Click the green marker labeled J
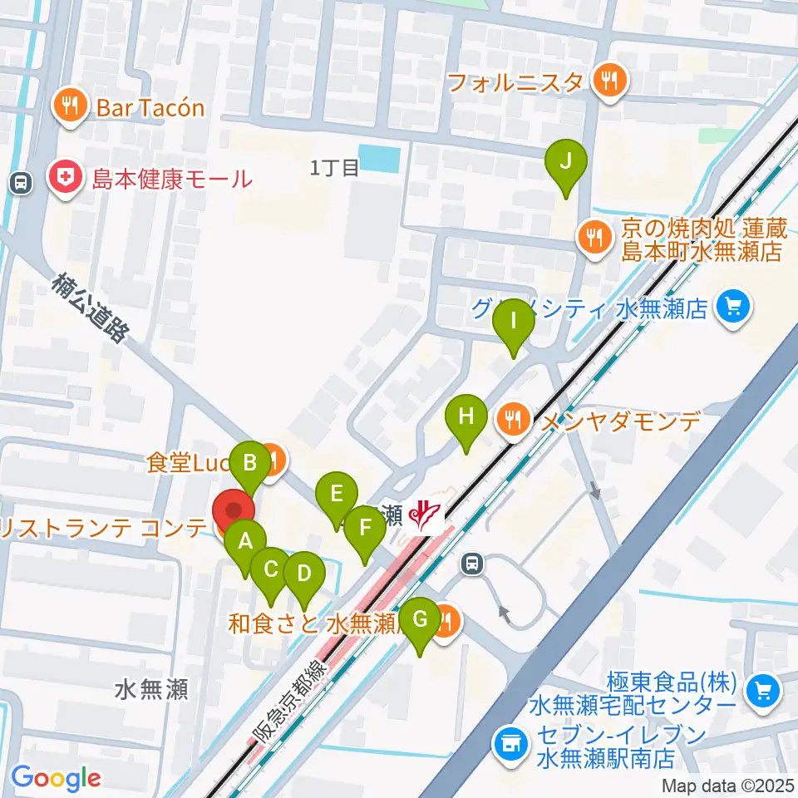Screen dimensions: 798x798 tap(565, 161)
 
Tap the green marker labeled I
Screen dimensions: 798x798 tap(513, 320)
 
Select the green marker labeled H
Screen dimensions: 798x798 tap(466, 416)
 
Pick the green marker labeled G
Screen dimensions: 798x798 tap(421, 619)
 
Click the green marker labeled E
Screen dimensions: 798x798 tap(337, 495)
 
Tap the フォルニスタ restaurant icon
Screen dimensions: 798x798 tap(610, 81)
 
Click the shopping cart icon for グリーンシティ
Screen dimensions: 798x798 tap(732, 308)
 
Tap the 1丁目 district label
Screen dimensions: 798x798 tap(334, 169)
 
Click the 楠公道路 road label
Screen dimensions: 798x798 tap(91, 308)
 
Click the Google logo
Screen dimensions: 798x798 tap(56, 779)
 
